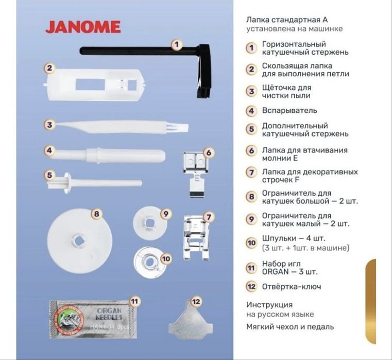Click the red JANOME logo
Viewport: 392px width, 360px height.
coord(83,27)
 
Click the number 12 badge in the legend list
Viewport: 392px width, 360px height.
coord(251,287)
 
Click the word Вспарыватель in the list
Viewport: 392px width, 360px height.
coord(289,110)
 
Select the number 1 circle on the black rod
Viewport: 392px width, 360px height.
coord(176,45)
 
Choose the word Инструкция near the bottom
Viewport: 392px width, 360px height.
coord(269,305)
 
